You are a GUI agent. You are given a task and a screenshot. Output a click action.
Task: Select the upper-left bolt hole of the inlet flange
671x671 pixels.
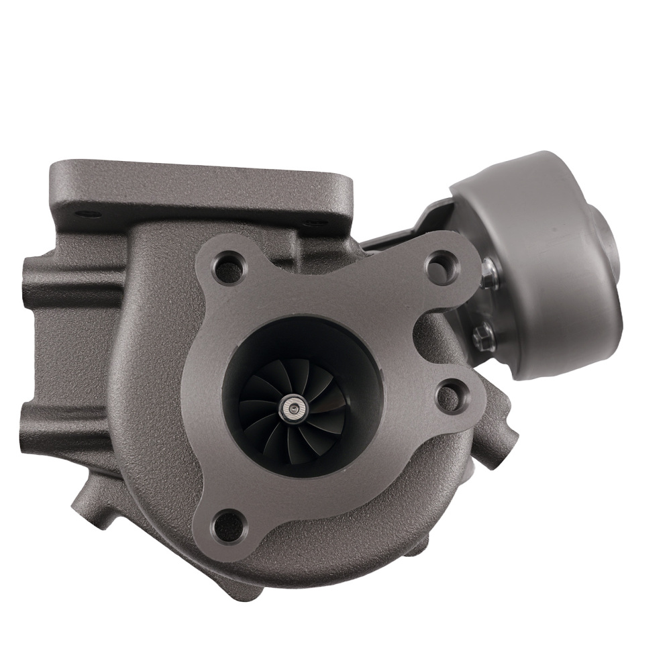227,266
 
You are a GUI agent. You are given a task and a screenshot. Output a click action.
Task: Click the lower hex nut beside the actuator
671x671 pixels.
482,333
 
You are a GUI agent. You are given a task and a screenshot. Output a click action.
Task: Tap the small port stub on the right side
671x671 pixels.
507,436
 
